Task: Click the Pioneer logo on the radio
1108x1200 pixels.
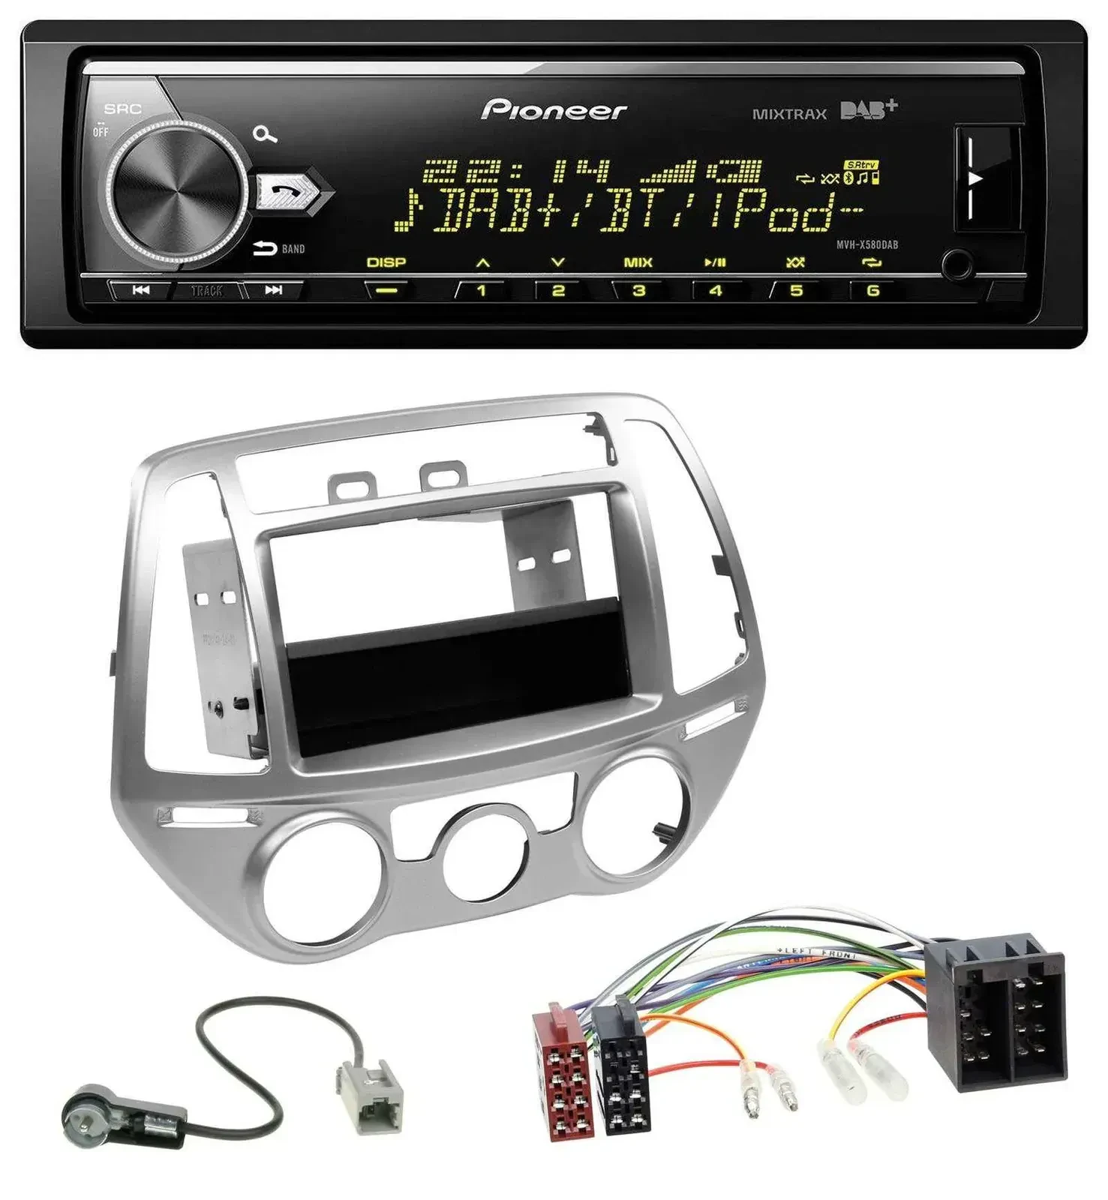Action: [x=554, y=110]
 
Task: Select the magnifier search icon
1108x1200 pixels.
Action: [x=265, y=135]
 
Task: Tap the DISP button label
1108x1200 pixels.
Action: [x=386, y=262]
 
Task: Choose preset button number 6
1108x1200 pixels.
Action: [x=872, y=290]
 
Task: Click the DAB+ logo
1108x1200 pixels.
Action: [x=868, y=110]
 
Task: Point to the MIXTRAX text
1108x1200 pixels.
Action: [x=789, y=114]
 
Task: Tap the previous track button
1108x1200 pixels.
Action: [x=141, y=290]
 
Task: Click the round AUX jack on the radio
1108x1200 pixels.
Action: [x=958, y=264]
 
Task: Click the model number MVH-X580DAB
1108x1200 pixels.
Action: [x=867, y=244]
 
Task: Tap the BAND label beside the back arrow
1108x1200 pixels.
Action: [x=293, y=249]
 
